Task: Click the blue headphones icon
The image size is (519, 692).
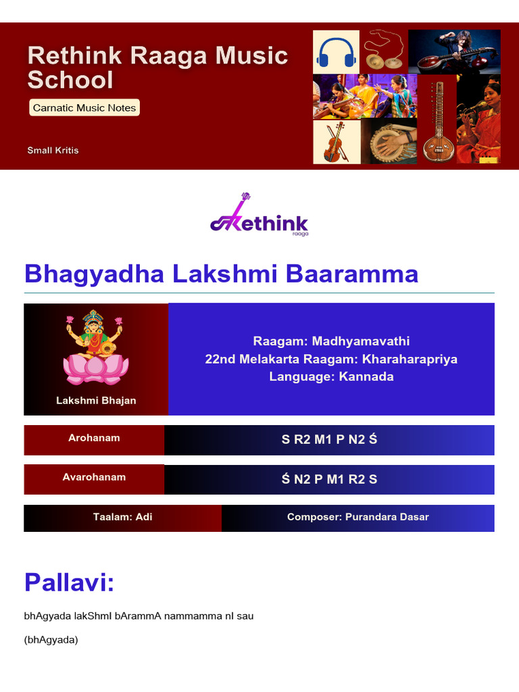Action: point(336,52)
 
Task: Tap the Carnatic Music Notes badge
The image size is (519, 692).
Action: point(84,107)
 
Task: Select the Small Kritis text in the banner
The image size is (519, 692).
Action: point(53,150)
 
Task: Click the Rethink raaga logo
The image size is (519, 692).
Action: point(259,216)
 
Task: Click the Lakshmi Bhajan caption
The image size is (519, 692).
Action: point(96,400)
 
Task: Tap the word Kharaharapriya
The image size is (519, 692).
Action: point(410,359)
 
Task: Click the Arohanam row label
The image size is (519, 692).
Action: point(94,438)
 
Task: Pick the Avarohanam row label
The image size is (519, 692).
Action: point(94,477)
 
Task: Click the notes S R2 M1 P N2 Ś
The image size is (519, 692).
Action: point(329,440)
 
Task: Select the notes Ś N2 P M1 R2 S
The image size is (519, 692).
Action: point(329,479)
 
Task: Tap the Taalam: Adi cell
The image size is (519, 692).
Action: point(122,517)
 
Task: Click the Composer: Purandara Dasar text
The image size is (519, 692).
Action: point(357,517)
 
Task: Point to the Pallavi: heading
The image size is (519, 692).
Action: point(69,582)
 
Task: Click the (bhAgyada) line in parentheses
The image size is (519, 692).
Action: point(51,640)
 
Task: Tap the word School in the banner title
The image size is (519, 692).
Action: point(70,80)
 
